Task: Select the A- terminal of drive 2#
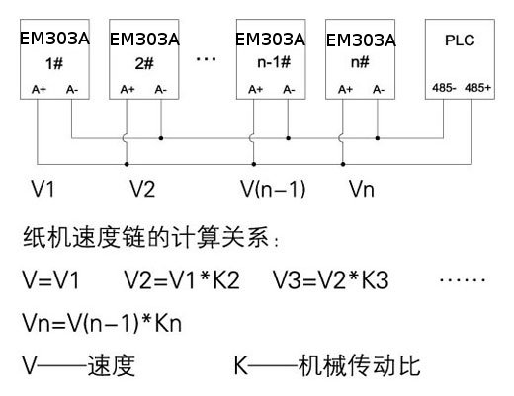[x=160, y=89]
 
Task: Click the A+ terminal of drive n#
[x=345, y=89]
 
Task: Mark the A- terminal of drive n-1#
[x=288, y=89]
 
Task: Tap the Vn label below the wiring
[x=361, y=186]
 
